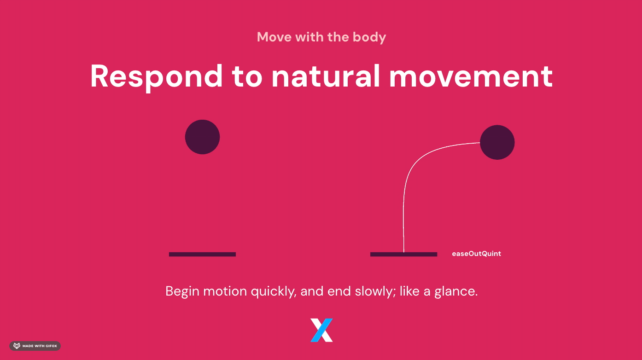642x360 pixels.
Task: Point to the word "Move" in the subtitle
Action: [x=274, y=37]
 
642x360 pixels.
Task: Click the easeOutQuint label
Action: [x=476, y=254]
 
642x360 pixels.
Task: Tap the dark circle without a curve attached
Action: [x=202, y=137]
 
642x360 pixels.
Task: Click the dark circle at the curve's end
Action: [x=497, y=142]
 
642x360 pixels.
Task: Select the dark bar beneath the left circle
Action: [x=202, y=254]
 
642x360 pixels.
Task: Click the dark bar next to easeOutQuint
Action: [x=403, y=254]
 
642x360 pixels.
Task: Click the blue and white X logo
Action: [x=321, y=330]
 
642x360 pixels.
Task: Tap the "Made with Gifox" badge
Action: [x=35, y=346]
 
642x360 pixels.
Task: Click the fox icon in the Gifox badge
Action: [x=17, y=346]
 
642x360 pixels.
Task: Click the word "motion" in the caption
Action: [x=225, y=291]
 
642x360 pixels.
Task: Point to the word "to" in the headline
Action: [x=247, y=77]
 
